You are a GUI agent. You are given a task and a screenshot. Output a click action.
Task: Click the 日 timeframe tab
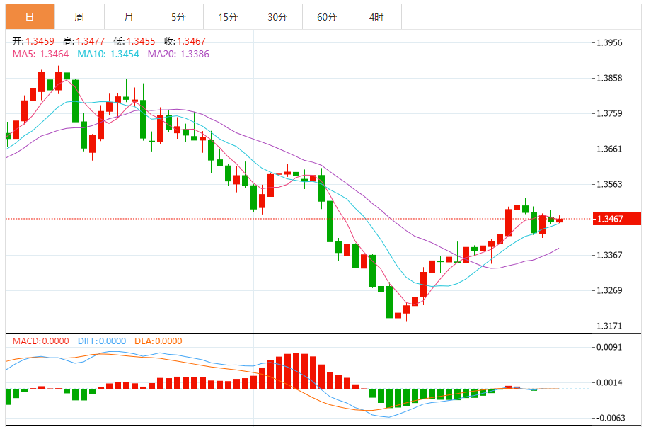(30, 17)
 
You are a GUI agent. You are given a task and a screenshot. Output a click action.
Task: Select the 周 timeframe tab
(79, 17)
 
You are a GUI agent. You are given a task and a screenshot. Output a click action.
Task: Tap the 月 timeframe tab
(128, 17)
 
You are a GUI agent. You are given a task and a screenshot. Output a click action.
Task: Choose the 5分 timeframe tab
(178, 17)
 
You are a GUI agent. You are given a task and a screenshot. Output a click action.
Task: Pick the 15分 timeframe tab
(228, 17)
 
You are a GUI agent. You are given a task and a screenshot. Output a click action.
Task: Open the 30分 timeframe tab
(277, 17)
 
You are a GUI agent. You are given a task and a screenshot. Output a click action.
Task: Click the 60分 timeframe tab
(327, 17)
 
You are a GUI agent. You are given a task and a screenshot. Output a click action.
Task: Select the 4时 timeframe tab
(376, 17)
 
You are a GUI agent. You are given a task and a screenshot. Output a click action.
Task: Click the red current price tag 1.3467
(617, 220)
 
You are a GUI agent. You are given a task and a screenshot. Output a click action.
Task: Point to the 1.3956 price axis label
(609, 42)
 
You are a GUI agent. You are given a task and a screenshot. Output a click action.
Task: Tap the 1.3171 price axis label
(609, 326)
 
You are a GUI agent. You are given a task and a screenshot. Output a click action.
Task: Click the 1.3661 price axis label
(609, 149)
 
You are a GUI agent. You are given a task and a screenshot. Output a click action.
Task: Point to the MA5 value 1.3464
(54, 54)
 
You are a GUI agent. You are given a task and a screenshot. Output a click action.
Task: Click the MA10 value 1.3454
(122, 54)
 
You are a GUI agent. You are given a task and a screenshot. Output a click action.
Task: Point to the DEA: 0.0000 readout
(158, 341)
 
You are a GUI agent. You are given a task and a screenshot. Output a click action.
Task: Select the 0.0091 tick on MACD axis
(609, 347)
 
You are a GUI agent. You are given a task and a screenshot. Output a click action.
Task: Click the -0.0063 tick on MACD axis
(609, 418)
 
